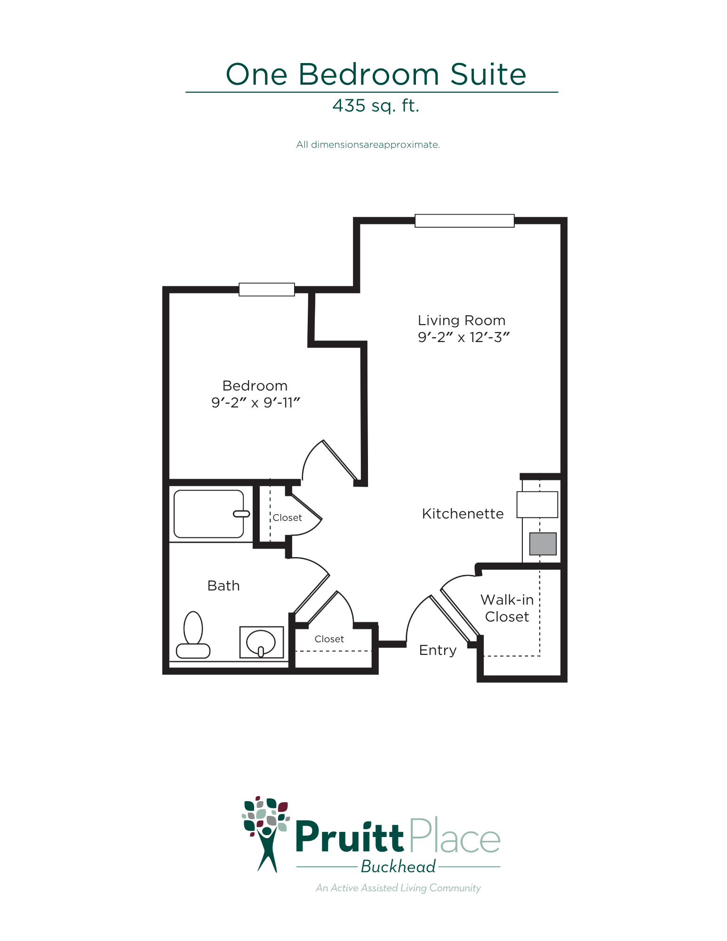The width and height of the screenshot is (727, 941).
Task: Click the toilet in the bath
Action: coord(193,635)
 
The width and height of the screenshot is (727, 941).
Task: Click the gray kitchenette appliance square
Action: coord(543,544)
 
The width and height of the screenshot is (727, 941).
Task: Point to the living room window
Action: coord(464,221)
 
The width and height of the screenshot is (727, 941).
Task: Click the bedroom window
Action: coord(267,289)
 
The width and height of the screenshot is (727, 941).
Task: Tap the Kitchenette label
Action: coord(463,513)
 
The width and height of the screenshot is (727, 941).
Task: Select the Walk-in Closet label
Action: coord(507,608)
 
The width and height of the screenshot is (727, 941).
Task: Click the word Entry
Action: coord(438,650)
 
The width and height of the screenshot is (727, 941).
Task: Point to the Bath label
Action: coord(224,586)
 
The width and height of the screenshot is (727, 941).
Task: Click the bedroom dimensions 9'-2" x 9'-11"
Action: coord(256,403)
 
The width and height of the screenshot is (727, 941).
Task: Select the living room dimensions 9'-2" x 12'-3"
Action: coord(463,337)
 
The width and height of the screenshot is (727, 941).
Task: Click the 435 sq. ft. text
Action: coord(375,105)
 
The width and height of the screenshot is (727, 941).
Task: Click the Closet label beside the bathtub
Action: coord(287,518)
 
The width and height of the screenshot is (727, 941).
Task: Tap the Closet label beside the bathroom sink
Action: coord(329,639)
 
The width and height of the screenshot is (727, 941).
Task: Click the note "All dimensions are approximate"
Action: coord(368,144)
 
